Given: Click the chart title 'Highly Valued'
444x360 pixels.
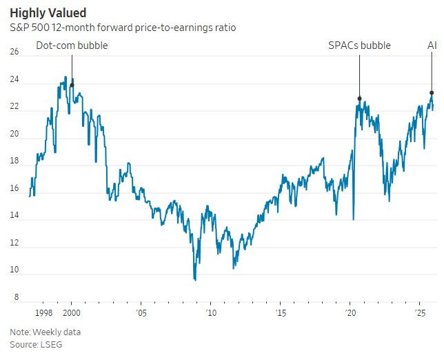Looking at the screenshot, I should point(48,12).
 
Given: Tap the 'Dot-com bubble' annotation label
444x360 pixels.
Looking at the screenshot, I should point(72,46).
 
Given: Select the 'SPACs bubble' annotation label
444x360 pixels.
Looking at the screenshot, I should point(359,46).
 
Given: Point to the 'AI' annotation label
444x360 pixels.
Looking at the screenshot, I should point(432,46).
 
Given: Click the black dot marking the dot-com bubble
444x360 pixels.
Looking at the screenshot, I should point(72,86).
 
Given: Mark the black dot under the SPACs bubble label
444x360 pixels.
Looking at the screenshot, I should point(359,99).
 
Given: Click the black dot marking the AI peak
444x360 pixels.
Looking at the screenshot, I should point(432,92).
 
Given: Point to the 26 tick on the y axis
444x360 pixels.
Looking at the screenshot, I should point(14,52).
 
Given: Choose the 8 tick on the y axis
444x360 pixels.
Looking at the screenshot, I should point(14,297).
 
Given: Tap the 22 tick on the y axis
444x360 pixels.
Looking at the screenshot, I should point(14,108).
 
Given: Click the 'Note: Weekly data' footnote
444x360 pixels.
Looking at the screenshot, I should point(45,332).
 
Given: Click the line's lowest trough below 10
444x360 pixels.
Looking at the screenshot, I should point(195,279).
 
